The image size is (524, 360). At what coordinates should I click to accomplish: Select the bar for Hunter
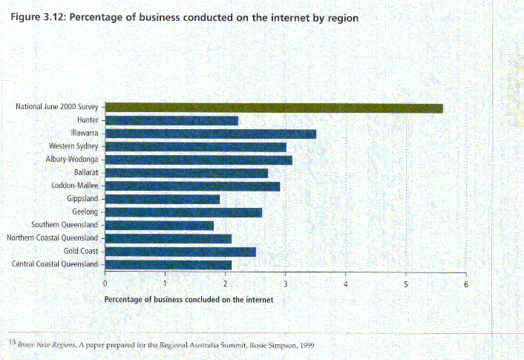click(171, 120)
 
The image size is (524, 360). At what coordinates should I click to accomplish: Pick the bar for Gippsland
click(163, 199)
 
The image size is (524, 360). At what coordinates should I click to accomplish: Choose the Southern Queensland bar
click(160, 225)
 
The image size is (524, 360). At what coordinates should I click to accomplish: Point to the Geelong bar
click(183, 212)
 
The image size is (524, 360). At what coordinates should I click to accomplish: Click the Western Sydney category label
click(73, 146)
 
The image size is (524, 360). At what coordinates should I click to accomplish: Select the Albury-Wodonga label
click(72, 160)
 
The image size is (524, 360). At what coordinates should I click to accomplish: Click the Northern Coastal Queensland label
click(52, 238)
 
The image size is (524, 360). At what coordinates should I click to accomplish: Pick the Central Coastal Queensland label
click(55, 264)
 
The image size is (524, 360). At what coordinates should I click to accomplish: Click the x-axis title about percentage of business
click(189, 299)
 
